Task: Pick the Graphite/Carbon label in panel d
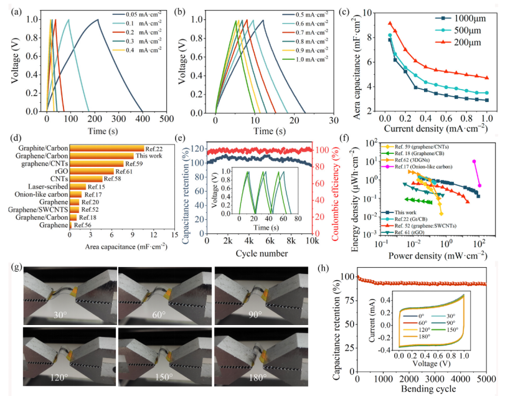pyautogui.click(x=47, y=148)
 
